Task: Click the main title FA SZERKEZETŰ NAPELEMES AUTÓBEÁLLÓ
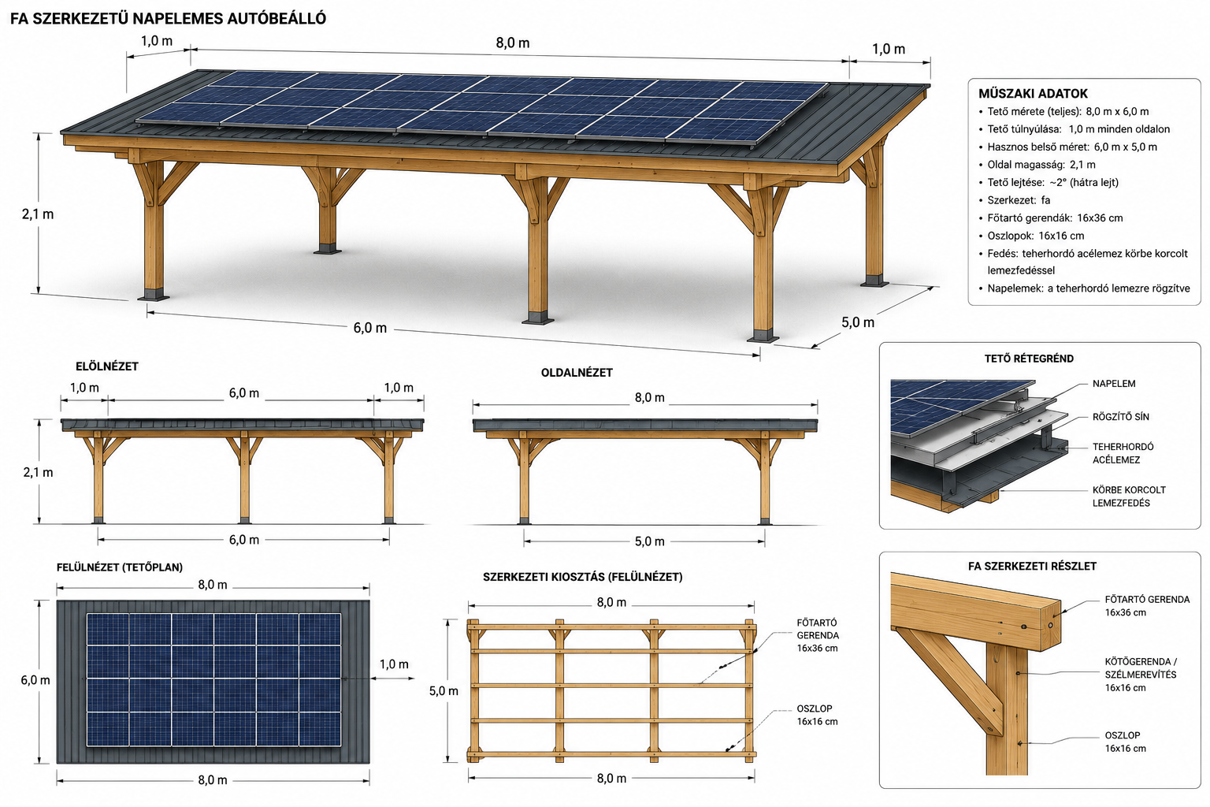pos(168,18)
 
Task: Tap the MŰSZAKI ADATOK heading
pos(1033,94)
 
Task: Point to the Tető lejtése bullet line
pos(1049,182)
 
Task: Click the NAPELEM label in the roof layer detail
pos(1114,384)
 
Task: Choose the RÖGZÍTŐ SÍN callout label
pos(1121,417)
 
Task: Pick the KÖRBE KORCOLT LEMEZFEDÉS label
pos(1129,496)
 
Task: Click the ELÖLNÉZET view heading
pos(107,366)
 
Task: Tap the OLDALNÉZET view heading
pos(577,373)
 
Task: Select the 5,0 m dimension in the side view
pos(649,541)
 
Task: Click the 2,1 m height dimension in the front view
pos(38,472)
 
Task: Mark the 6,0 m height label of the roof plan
pos(35,680)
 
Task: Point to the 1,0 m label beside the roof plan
pos(394,664)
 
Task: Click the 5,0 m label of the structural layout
pos(444,691)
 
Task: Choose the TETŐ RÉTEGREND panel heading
pos(1029,359)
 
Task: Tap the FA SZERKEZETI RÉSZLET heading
pos(1032,567)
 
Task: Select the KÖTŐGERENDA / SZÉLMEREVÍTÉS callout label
pos(1141,675)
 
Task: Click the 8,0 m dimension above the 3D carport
pos(513,43)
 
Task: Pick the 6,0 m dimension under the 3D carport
pos(370,328)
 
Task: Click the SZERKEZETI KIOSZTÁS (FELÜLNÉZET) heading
pos(583,577)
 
